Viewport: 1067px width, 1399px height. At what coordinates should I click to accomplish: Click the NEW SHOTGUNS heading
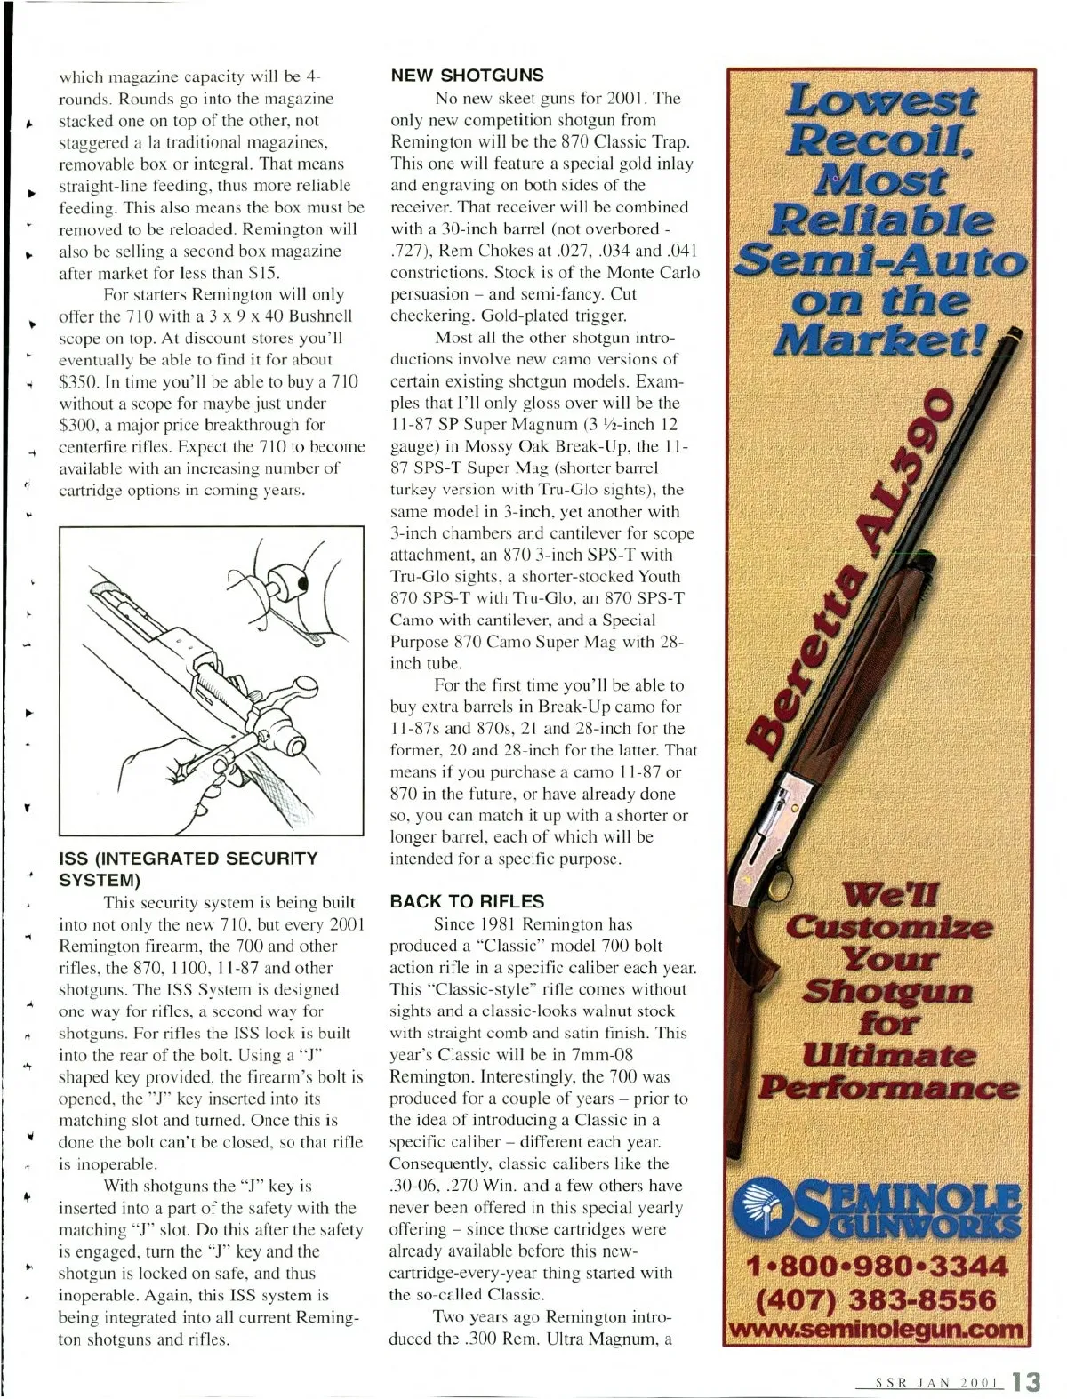[468, 76]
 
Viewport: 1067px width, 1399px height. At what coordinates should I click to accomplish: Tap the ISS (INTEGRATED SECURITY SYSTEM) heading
[187, 869]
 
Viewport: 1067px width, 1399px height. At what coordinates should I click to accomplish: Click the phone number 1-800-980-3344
[877, 1266]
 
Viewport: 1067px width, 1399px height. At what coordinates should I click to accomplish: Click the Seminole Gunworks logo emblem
[766, 1208]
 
